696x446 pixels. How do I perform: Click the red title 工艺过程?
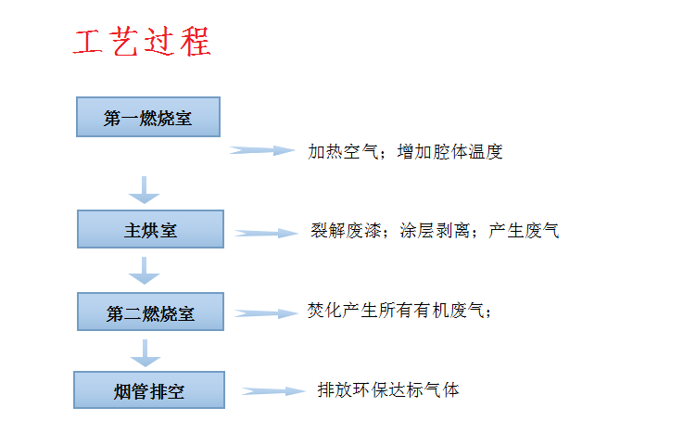142,42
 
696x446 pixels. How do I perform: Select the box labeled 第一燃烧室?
148,117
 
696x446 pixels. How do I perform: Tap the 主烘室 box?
150,229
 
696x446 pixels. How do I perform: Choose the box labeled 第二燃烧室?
150,312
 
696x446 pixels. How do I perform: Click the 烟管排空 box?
149,390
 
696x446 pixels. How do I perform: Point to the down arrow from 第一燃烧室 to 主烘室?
145,190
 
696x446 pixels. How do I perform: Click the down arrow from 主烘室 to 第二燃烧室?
145,271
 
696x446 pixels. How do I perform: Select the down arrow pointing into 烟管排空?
146,353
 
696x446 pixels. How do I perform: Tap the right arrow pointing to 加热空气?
262,150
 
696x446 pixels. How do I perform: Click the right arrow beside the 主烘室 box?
266,234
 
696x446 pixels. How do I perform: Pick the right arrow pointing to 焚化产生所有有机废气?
266,313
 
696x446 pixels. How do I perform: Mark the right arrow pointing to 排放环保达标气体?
273,391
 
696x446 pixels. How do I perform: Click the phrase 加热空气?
343,152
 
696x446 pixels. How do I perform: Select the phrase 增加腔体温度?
450,152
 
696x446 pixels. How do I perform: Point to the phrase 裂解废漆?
346,231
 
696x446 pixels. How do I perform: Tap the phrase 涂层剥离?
435,231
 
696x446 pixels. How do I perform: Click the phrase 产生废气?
525,231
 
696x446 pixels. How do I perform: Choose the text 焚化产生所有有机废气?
396,311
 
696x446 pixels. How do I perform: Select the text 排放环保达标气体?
388,390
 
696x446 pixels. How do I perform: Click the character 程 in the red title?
196,42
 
